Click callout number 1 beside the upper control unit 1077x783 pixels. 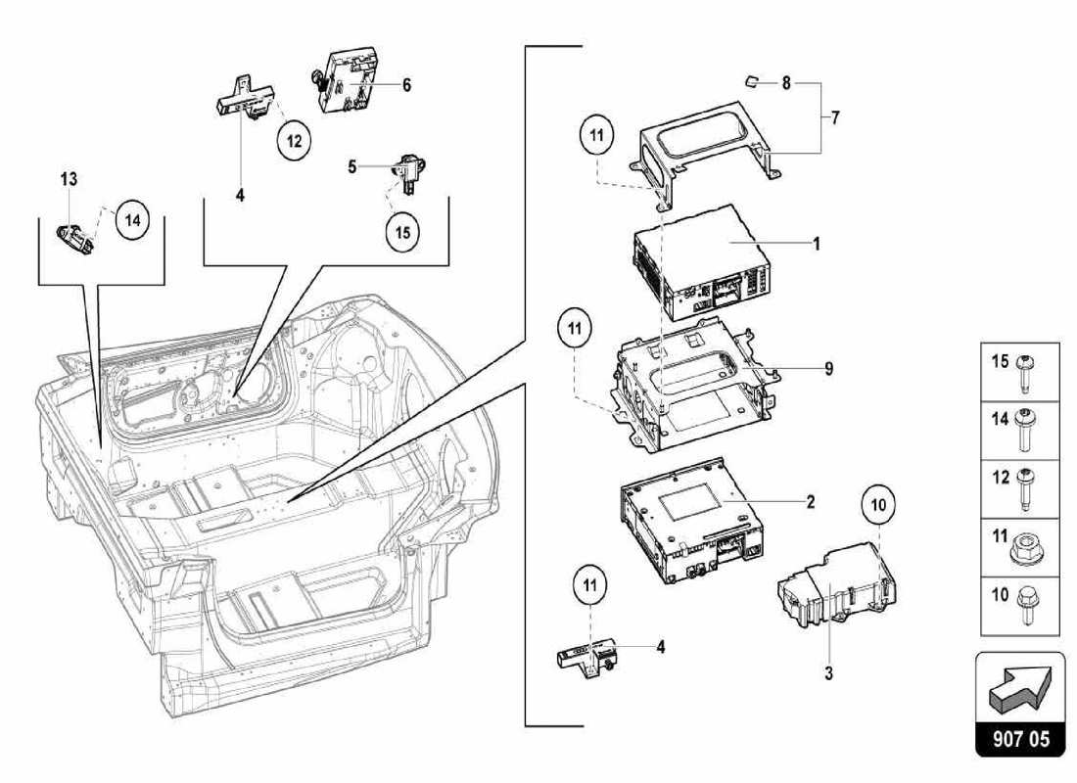tap(816, 244)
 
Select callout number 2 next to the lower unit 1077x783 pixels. tap(811, 502)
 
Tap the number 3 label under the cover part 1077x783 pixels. tap(828, 674)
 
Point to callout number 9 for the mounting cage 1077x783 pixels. tap(828, 369)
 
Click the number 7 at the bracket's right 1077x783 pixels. tap(835, 117)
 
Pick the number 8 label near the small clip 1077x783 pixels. tap(785, 84)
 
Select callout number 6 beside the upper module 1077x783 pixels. tap(405, 85)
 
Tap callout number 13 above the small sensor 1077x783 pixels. tap(69, 179)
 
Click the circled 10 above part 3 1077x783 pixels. tap(879, 506)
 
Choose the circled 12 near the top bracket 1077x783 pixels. tap(293, 141)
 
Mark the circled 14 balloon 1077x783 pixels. tap(132, 221)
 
